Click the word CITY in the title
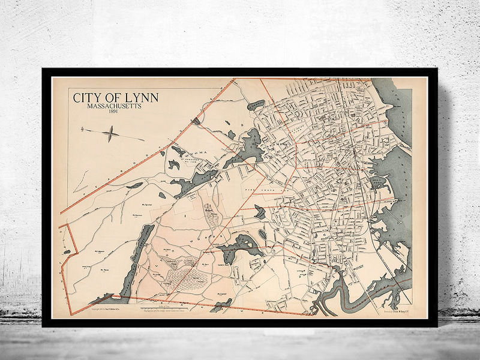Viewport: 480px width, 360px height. (x=85, y=97)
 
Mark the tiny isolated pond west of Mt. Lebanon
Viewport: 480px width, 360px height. (x=66, y=252)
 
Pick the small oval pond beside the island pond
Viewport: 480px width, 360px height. (x=262, y=234)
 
